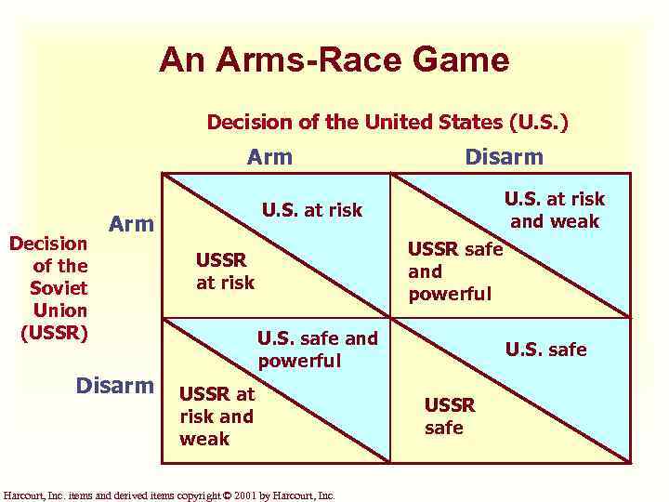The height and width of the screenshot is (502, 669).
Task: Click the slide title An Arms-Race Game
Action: (334, 60)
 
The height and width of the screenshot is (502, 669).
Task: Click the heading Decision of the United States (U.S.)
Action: (387, 122)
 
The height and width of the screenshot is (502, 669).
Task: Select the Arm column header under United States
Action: (269, 157)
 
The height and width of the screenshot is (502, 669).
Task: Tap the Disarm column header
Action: (505, 157)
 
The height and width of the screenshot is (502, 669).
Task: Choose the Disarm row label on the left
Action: (115, 384)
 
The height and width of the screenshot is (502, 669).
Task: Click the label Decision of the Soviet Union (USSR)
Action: (48, 288)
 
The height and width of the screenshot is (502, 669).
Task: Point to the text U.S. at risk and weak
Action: (554, 209)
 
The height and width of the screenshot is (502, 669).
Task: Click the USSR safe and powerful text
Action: (454, 271)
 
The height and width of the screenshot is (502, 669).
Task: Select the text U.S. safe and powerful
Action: (317, 349)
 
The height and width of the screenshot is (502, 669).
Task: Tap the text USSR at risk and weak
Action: (216, 416)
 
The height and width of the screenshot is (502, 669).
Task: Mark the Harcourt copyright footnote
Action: (169, 495)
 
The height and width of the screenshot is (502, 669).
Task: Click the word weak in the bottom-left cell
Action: (203, 439)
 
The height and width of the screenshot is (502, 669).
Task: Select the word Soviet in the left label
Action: (59, 288)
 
